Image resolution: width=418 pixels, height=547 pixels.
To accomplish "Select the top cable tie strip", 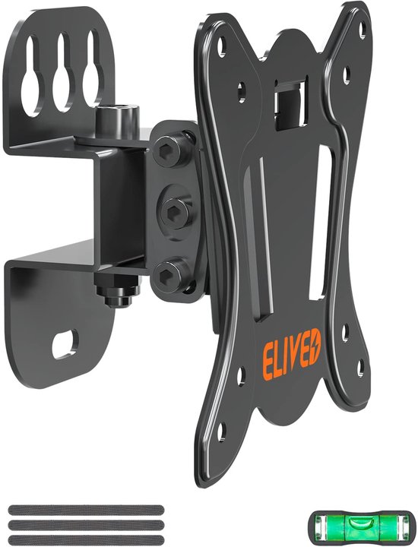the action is point(86,510).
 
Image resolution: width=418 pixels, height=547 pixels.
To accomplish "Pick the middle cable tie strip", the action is point(86,524).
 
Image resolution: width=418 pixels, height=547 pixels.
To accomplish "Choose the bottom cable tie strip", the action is point(86,539).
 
